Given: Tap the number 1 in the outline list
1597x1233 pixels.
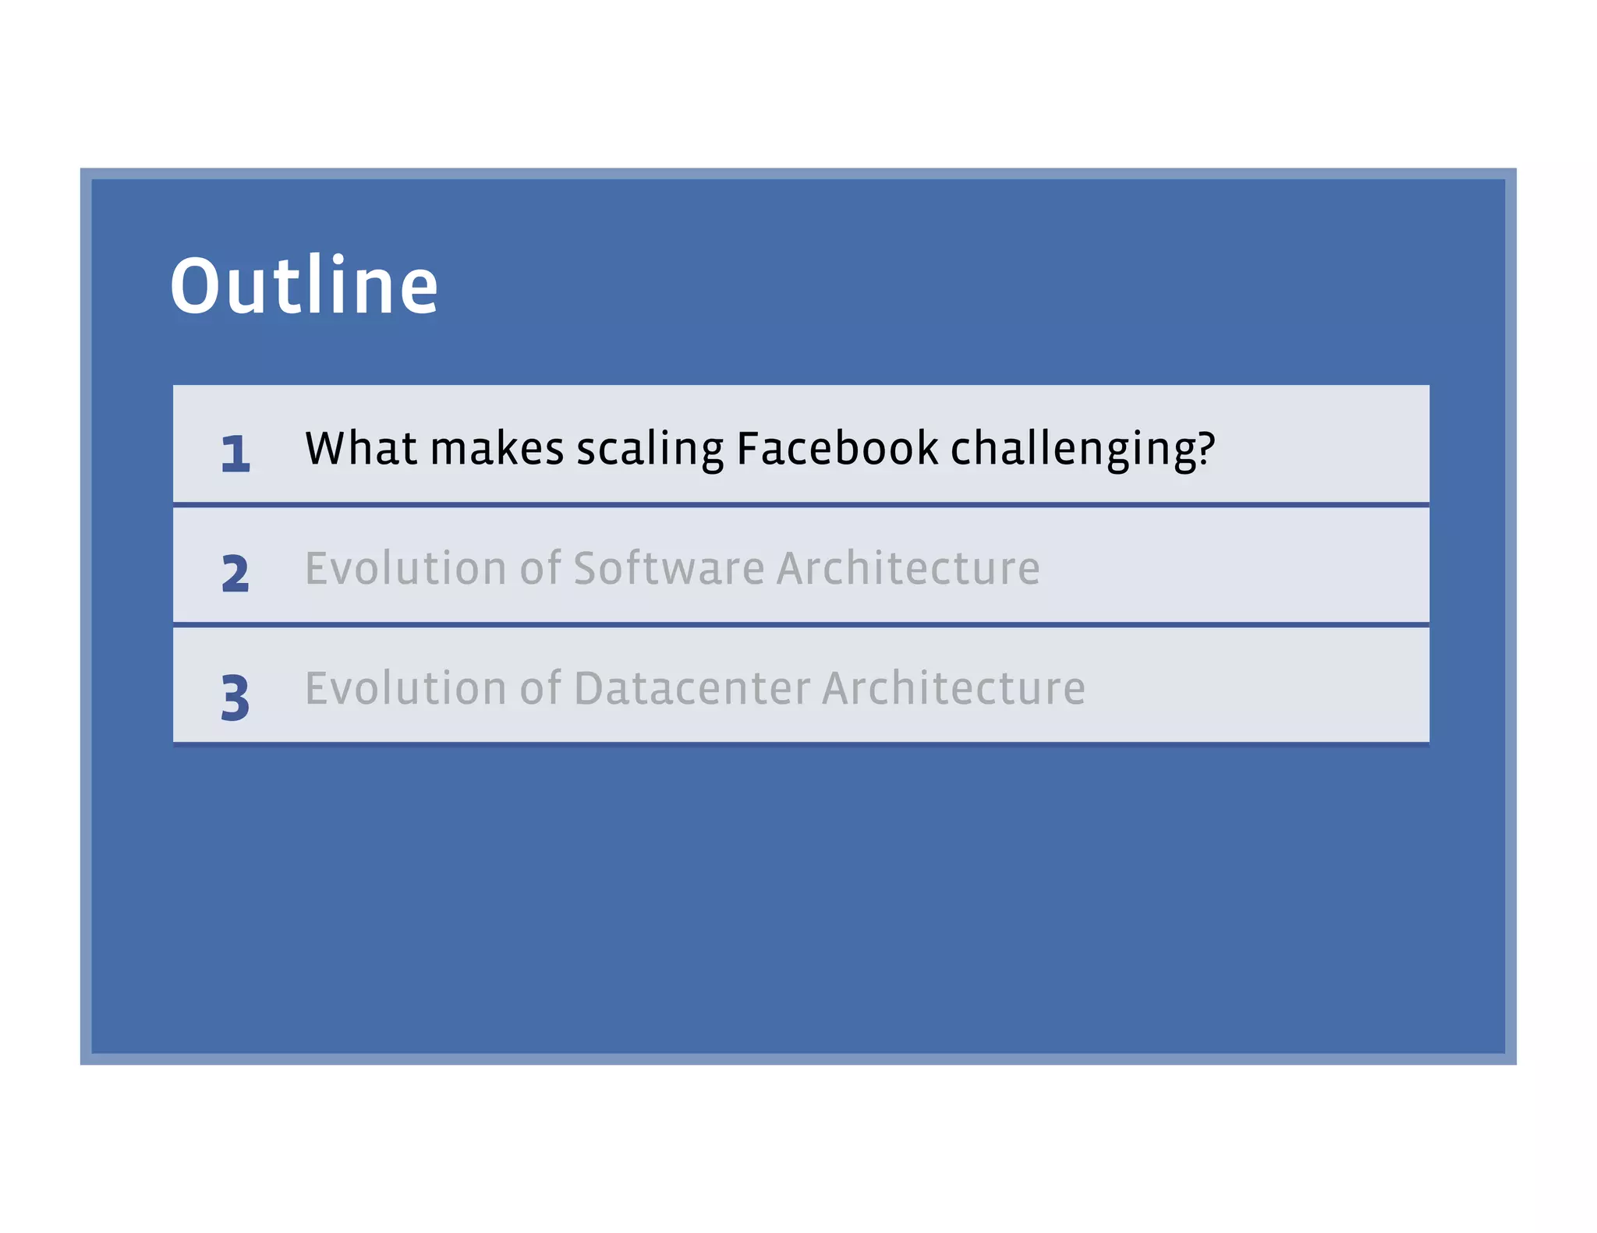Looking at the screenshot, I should pyautogui.click(x=235, y=453).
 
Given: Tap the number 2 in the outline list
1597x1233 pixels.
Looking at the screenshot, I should pyautogui.click(x=235, y=574).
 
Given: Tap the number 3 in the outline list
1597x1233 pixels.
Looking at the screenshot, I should pyautogui.click(x=235, y=697).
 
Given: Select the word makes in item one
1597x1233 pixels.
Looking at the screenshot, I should pyautogui.click(x=497, y=450).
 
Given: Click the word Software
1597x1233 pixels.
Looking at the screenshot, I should pyautogui.click(x=668, y=567).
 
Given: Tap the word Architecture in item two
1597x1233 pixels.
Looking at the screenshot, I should pyautogui.click(x=908, y=567).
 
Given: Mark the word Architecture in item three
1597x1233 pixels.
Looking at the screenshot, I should pyautogui.click(x=953, y=688).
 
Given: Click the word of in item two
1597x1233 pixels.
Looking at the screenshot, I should pyautogui.click(x=540, y=567).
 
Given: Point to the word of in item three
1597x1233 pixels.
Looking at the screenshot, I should pyautogui.click(x=540, y=688).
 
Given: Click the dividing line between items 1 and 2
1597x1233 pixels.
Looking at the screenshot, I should pyautogui.click(x=801, y=505).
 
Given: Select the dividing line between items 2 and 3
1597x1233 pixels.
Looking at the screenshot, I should pyautogui.click(x=801, y=624).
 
